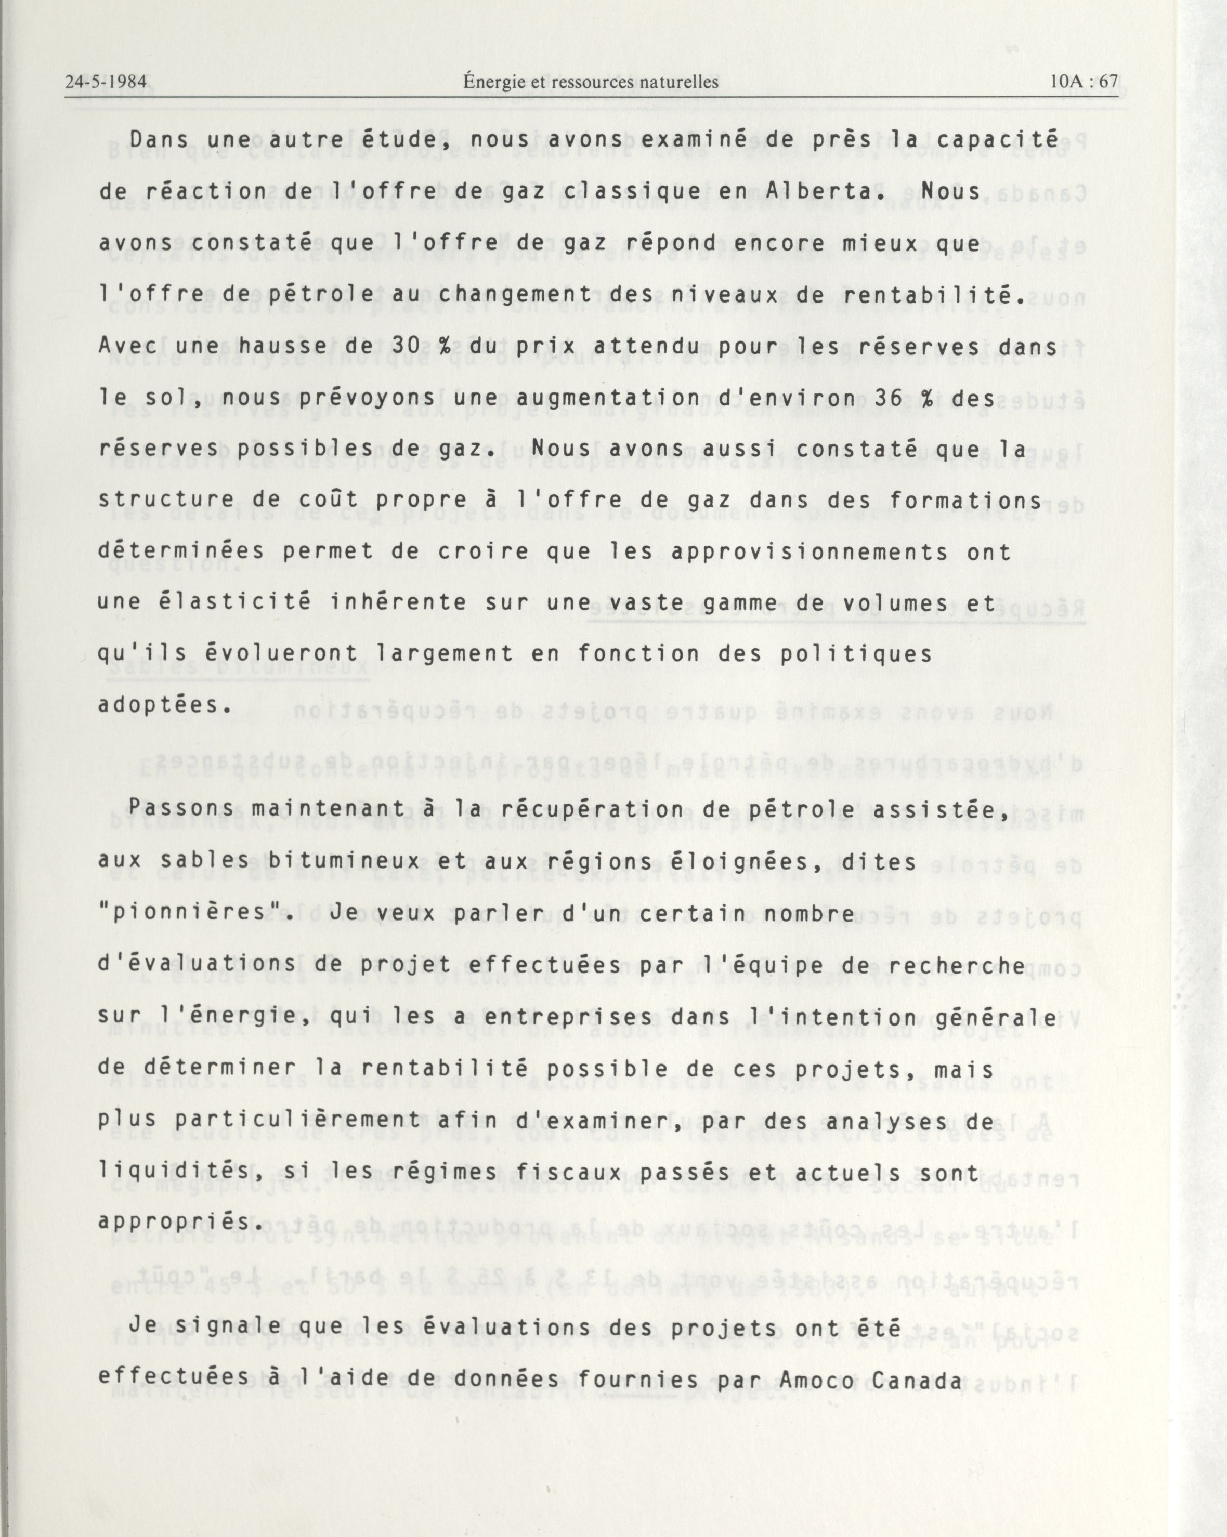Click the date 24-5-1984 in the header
coord(106,82)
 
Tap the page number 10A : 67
coord(1085,82)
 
